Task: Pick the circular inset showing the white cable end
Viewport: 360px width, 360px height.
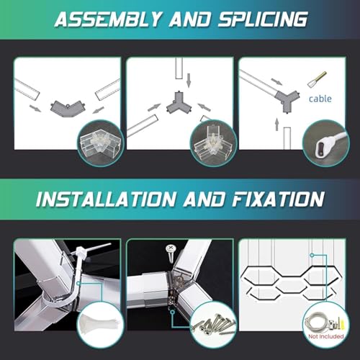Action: point(325,143)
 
